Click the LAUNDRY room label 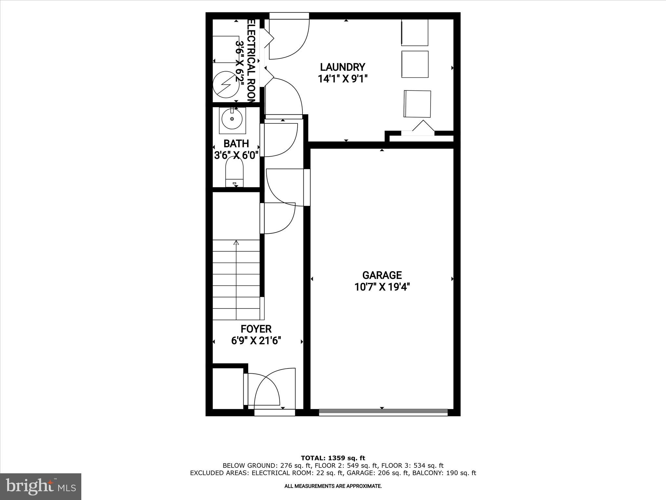click(342, 67)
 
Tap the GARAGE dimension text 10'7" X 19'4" click(382, 287)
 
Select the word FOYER click(256, 329)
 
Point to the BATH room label click(236, 144)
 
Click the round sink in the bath click(232, 119)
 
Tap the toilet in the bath click(234, 171)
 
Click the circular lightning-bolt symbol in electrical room click(225, 85)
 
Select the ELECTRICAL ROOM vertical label click(252, 62)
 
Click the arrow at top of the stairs click(236, 243)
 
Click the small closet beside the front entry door click(228, 388)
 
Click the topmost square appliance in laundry click(415, 33)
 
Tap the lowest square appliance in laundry click(417, 104)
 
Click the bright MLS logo click(41, 487)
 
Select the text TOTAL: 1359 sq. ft click(333, 458)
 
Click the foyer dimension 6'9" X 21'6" click(256, 341)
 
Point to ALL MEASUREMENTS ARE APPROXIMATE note click(333, 486)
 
